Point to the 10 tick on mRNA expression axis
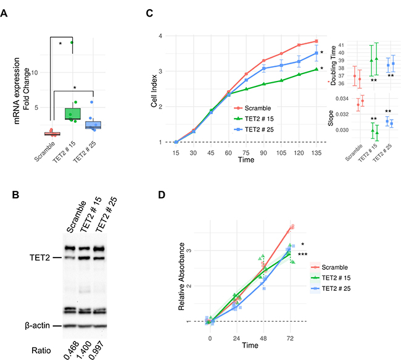[43, 73]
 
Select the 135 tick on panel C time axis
[316, 153]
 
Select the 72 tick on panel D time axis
[290, 338]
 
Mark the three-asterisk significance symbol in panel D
[302, 254]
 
